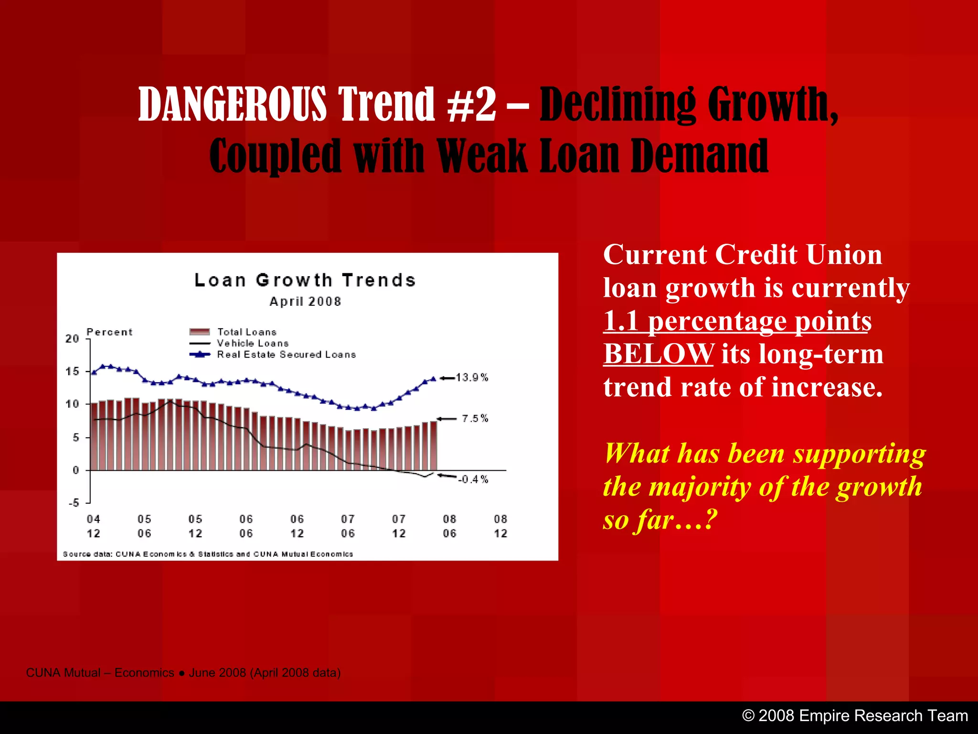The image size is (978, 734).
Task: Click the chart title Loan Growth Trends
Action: click(305, 280)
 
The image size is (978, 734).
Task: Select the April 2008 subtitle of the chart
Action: click(305, 302)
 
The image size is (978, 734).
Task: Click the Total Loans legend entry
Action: click(247, 332)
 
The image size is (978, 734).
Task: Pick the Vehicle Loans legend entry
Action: click(253, 343)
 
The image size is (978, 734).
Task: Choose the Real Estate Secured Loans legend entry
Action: click(287, 355)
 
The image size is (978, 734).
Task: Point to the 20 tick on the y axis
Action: click(72, 339)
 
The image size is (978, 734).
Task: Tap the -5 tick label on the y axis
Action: click(74, 503)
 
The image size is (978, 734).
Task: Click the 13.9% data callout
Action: click(472, 378)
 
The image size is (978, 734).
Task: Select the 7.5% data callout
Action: click(475, 419)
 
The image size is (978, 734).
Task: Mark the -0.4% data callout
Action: click(473, 479)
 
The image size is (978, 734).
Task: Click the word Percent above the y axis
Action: click(109, 332)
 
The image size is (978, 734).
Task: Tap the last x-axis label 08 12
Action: click(500, 526)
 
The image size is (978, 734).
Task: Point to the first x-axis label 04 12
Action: click(94, 526)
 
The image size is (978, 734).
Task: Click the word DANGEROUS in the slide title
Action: click(233, 104)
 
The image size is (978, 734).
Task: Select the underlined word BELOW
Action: click(659, 354)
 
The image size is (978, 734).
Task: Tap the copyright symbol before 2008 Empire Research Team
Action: click(748, 716)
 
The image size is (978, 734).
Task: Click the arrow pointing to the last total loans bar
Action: click(447, 419)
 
